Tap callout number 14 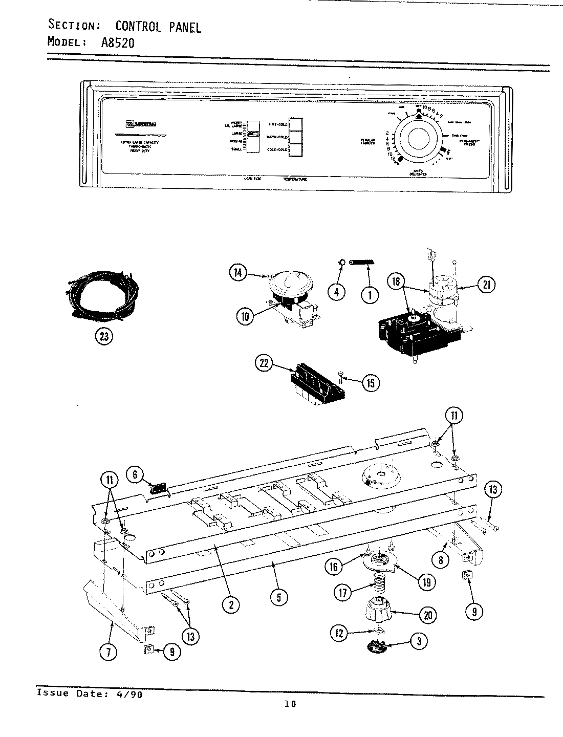238,273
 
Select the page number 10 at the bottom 290,704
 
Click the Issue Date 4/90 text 89,694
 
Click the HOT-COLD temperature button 295,124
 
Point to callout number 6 135,475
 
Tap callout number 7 111,652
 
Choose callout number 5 278,597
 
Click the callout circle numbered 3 419,642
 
